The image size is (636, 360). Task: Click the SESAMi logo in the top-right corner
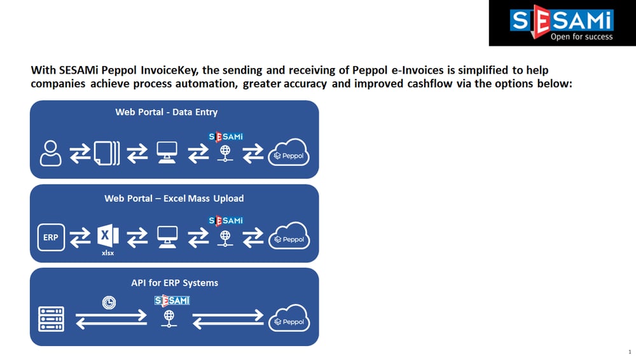coord(562,23)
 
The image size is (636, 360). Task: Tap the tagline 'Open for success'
coord(582,37)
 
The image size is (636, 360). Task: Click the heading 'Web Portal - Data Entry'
coord(166,112)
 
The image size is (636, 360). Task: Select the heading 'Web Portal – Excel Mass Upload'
coord(174,198)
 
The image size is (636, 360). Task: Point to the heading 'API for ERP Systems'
coord(174,283)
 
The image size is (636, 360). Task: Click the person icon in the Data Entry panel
coord(51,153)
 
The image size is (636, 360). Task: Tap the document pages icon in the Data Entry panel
coord(107,153)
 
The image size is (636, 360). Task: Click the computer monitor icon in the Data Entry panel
coord(167,153)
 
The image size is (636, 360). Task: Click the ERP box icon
coord(51,237)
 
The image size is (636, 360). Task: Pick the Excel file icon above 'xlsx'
coord(108,236)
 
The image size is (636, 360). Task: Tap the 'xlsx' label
coord(108,253)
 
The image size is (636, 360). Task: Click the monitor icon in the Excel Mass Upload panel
coord(167,237)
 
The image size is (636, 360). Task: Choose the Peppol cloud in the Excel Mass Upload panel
coord(289,236)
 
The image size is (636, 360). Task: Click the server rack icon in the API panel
coord(51,319)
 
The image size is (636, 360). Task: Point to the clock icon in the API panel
coord(109,302)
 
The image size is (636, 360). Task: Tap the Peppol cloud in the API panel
coord(289,318)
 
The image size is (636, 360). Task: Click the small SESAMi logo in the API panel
coord(172,300)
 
